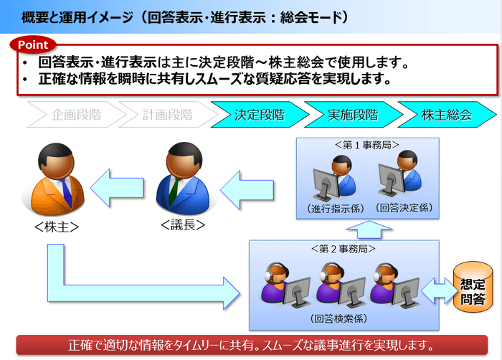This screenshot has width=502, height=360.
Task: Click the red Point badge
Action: pyautogui.click(x=32, y=44)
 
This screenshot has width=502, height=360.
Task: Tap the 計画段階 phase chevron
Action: pyautogui.click(x=166, y=114)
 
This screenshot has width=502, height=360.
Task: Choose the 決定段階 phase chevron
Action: pyautogui.click(x=259, y=114)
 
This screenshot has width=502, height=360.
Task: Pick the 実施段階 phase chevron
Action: pyautogui.click(x=352, y=114)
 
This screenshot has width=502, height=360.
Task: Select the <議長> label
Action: pyautogui.click(x=184, y=224)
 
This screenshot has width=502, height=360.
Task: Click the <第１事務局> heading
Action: pyautogui.click(x=366, y=144)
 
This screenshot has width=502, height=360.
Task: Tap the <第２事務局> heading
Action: pyautogui.click(x=343, y=249)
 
